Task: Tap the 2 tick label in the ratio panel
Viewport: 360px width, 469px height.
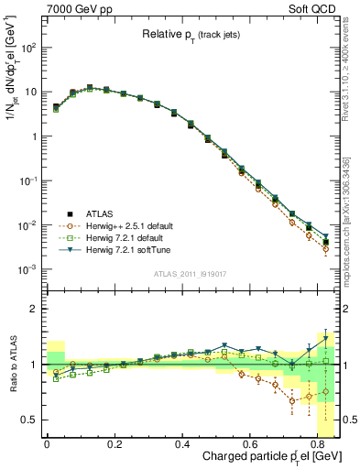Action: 35,309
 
